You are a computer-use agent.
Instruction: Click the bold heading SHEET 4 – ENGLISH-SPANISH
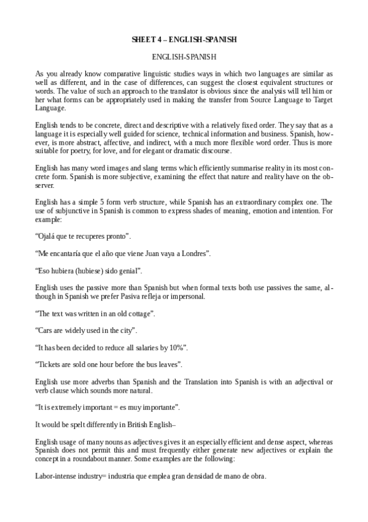click(x=184, y=39)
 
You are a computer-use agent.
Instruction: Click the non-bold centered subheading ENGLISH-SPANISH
click(x=184, y=57)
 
